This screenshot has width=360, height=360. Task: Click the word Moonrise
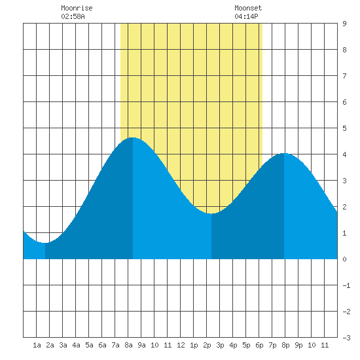point(77,8)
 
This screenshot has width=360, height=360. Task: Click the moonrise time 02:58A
point(73,16)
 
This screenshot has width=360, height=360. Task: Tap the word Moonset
point(248,8)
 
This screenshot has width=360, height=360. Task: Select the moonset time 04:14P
point(246,16)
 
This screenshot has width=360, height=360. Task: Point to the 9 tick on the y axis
point(344,24)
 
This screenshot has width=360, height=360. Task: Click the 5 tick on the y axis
point(344,128)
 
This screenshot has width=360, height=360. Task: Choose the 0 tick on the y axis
point(344,259)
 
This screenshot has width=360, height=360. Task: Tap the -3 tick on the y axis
point(346,338)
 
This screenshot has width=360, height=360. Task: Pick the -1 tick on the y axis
point(346,285)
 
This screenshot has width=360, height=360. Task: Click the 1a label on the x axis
point(37,345)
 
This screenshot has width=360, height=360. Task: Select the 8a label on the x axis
point(128,345)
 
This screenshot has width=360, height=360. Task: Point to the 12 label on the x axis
point(181,345)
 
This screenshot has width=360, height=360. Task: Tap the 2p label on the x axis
point(207,345)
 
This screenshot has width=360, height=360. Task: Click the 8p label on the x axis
point(285,345)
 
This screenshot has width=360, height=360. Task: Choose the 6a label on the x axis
point(102,345)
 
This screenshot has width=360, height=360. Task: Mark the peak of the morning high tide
point(133,137)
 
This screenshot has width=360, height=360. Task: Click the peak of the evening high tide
point(284,153)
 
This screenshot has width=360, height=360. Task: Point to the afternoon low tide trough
point(211,213)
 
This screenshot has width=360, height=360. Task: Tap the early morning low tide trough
point(45,243)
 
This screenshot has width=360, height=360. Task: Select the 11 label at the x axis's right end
point(325,345)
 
